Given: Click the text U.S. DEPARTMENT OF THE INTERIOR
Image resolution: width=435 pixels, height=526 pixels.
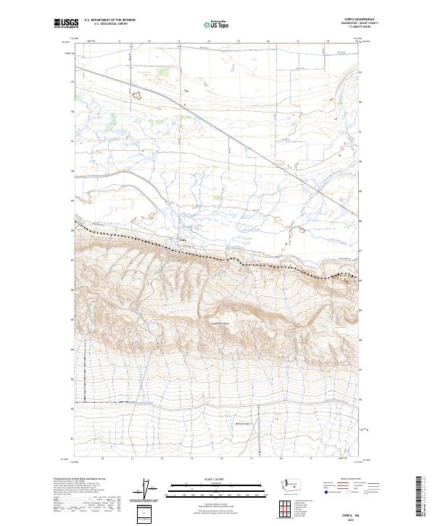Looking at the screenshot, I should [x=109, y=20].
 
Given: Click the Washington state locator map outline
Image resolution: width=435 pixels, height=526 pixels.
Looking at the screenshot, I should [x=293, y=483].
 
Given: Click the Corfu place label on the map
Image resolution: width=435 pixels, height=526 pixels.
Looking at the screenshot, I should [x=183, y=240].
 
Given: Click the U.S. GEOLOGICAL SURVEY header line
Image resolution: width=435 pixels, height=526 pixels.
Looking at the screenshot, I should [x=102, y=24].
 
